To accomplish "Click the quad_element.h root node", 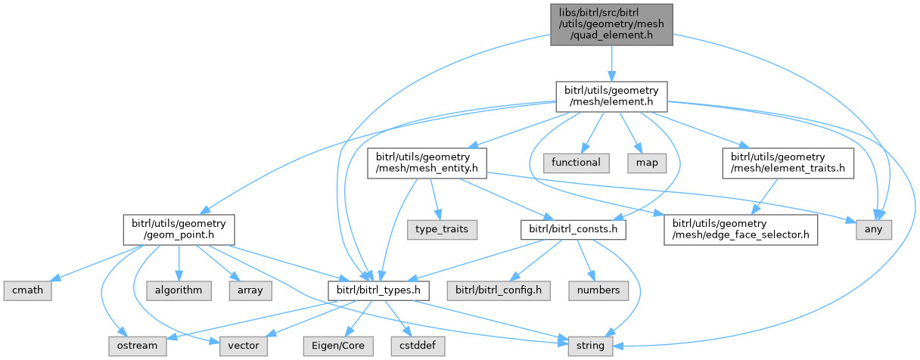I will [611, 24].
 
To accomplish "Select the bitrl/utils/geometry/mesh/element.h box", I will [611, 97].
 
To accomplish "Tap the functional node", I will [576, 163].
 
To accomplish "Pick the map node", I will [641, 163].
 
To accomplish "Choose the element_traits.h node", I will [788, 163].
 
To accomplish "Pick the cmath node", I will [26, 290].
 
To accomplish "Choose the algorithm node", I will [178, 290].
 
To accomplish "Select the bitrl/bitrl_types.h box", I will [368, 290].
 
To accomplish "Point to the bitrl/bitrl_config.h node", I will [499, 290].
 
